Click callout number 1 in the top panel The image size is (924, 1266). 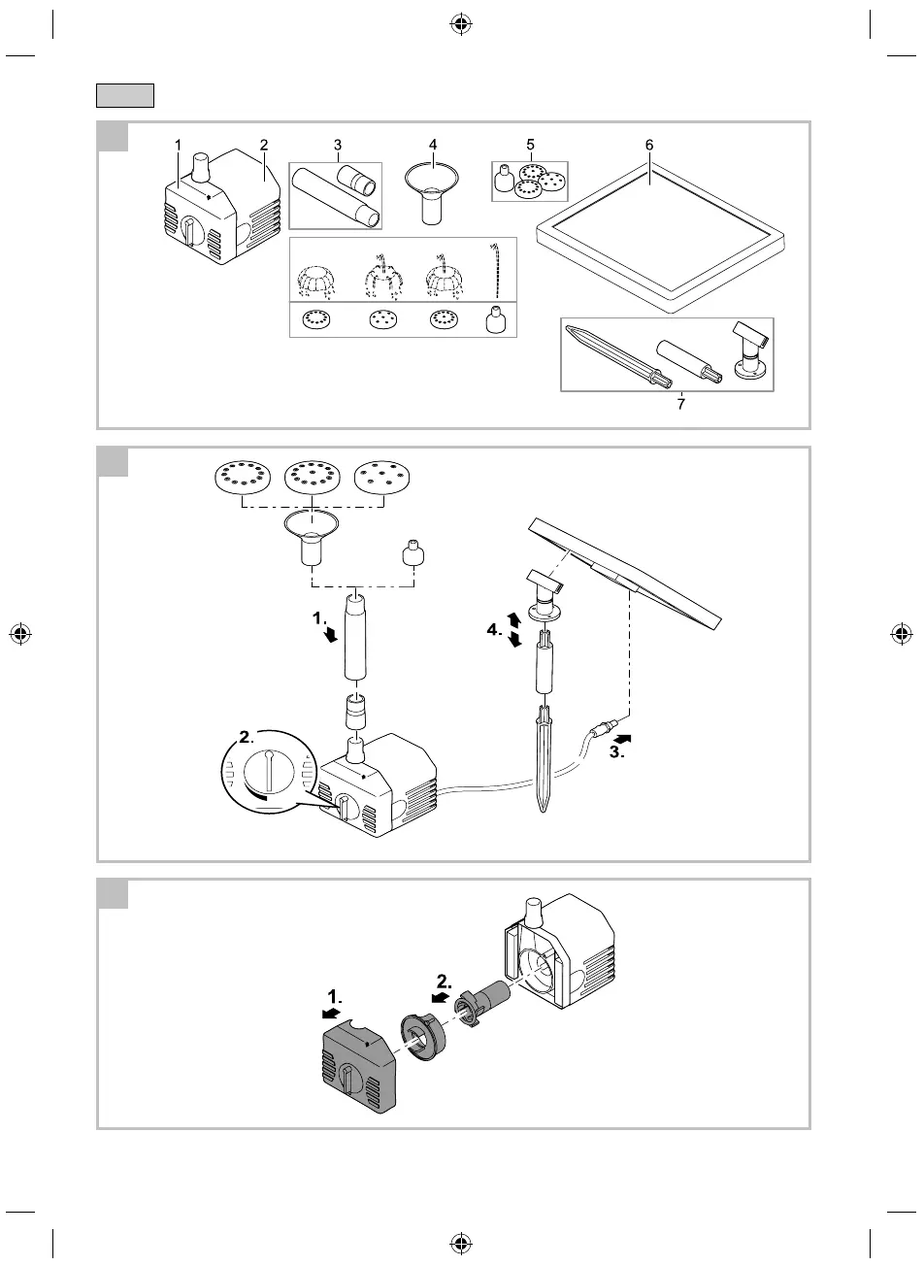coord(179,144)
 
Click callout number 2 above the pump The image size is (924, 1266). coord(263,144)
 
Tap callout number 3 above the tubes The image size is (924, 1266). coord(337,144)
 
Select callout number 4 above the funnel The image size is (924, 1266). coord(433,144)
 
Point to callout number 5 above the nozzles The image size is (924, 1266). coord(530,144)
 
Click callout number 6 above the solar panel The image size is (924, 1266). coord(649,144)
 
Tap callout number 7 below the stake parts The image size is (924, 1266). coord(680,405)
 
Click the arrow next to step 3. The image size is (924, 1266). coord(621,724)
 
